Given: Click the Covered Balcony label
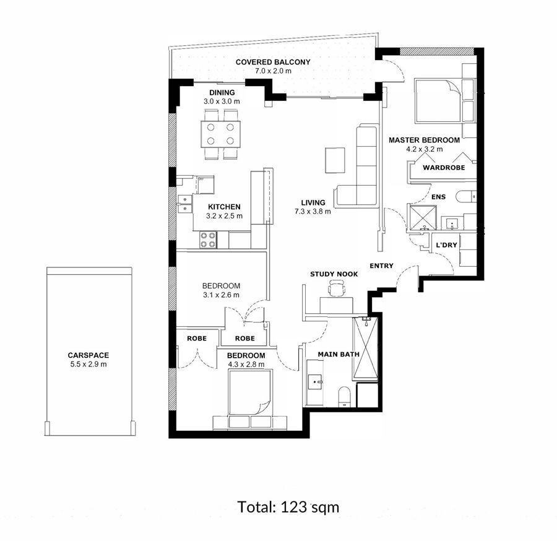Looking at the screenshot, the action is (273, 62).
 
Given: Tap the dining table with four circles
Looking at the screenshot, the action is (220, 134).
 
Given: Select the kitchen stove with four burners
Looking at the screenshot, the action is (208, 240).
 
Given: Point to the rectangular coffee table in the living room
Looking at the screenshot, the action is (335, 160).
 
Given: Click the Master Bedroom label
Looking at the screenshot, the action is (424, 140).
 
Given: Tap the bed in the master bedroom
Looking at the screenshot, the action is (438, 102).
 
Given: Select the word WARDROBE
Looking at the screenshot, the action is (444, 168).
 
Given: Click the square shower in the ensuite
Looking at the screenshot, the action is (423, 217).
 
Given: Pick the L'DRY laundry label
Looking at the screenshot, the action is (446, 245).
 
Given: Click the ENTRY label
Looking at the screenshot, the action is (381, 266).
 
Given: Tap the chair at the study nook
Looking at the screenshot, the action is (336, 288).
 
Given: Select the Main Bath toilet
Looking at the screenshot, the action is (344, 396).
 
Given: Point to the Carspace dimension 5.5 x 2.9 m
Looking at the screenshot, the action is (89, 364).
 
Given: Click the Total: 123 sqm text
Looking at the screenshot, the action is (288, 507).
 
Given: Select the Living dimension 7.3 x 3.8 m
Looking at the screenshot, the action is (313, 212).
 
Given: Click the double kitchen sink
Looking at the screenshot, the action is (184, 204).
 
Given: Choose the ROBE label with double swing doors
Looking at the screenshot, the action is (197, 339).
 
